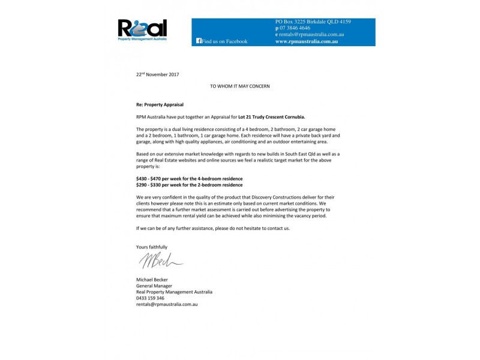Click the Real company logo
142,29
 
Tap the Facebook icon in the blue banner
199,41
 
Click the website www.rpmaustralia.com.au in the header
306,41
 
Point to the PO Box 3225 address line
313,22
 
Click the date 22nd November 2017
157,74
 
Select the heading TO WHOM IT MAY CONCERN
239,86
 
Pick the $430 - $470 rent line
189,179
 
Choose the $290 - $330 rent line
189,185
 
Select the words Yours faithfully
152,247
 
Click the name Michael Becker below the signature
152,280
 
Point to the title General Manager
154,286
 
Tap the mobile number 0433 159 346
151,298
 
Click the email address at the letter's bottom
167,304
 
